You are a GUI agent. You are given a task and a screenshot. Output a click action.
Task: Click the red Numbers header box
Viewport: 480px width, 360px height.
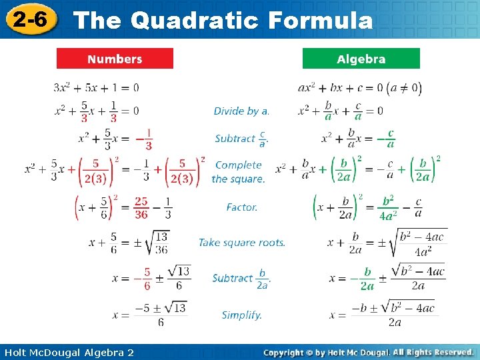(x=115, y=59)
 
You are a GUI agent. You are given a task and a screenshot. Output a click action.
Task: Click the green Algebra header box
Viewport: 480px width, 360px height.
(x=361, y=59)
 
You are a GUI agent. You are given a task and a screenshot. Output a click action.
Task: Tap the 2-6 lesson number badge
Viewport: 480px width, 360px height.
(x=29, y=20)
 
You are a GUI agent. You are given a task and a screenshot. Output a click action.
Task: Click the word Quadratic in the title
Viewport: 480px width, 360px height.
(x=195, y=21)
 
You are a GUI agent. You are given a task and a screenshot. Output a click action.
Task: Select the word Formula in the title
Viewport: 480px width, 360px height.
(x=320, y=21)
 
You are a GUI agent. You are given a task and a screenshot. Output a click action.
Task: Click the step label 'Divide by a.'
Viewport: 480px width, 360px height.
(x=241, y=111)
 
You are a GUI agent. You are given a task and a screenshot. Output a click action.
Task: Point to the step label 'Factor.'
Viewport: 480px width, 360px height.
(x=241, y=207)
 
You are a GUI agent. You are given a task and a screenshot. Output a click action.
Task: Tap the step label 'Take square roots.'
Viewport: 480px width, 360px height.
(x=241, y=243)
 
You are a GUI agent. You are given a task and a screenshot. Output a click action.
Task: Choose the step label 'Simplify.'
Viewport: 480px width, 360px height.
(x=241, y=315)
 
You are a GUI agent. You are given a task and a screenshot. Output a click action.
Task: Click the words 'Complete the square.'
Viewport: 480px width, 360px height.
(x=239, y=172)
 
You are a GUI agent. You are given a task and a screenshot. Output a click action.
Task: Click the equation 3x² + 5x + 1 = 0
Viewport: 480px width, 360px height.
(x=96, y=87)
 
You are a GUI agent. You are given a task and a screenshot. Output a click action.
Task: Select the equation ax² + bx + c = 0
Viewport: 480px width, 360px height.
(x=340, y=87)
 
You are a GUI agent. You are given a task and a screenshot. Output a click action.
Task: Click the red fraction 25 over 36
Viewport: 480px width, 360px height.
(x=141, y=207)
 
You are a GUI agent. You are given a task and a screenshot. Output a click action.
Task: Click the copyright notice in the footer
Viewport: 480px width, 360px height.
(x=368, y=352)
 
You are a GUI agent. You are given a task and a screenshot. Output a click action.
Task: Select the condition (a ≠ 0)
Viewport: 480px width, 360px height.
(x=407, y=87)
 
